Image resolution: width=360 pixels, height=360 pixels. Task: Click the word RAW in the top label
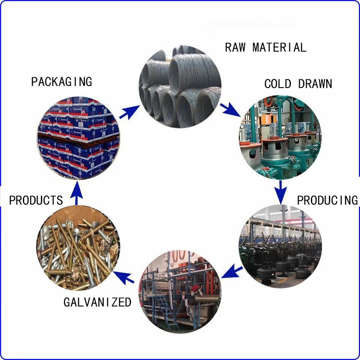(x=235, y=47)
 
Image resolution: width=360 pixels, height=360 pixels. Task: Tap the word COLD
(x=277, y=84)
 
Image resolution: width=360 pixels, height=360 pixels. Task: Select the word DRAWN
(x=315, y=84)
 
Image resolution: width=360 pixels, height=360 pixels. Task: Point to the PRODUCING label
(x=327, y=200)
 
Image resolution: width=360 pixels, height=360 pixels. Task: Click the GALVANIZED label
(x=97, y=302)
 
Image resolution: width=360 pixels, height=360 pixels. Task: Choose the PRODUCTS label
(x=36, y=200)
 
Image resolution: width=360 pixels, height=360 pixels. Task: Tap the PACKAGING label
(x=61, y=81)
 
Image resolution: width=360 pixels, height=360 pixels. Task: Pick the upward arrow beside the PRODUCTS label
(x=77, y=193)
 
